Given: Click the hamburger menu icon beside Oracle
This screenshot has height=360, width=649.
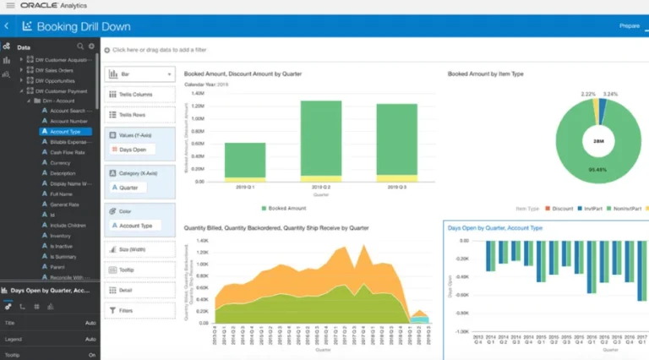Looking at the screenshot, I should [9, 6].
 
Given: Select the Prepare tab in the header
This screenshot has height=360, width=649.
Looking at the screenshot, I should [630, 26].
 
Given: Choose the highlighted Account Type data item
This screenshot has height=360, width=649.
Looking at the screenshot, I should [65, 131].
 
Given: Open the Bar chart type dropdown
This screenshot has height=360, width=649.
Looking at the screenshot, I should [139, 74].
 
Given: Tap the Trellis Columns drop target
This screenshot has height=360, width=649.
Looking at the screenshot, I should [139, 94].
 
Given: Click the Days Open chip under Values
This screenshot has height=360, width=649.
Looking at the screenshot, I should [134, 150].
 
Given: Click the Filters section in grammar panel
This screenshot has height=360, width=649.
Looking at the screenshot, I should [139, 310].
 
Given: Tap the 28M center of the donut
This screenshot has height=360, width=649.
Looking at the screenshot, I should [598, 139].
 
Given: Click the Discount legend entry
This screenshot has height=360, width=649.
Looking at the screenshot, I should [563, 207].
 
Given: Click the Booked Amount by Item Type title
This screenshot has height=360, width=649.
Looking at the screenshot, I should [485, 74].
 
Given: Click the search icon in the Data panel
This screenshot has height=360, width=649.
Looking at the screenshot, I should [80, 46].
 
